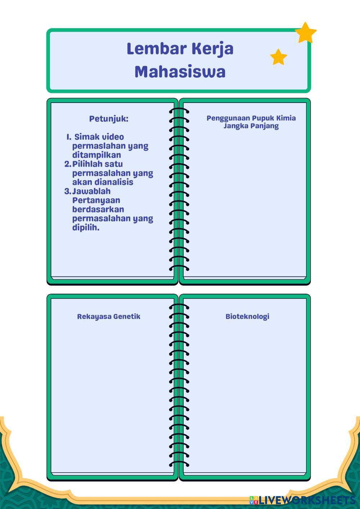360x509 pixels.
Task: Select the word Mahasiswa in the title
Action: [x=180, y=71]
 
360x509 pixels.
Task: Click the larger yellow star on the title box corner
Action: [x=306, y=33]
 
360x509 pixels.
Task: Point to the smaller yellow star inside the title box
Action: [x=279, y=57]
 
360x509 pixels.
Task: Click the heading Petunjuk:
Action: [x=109, y=119]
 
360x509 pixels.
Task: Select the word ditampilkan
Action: [x=96, y=155]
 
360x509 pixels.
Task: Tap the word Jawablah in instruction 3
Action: [x=91, y=191]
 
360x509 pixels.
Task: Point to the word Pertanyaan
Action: [x=96, y=200]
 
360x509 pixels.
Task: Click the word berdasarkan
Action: [x=98, y=209]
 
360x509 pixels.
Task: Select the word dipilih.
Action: [x=86, y=228]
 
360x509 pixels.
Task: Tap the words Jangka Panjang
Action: [x=251, y=126]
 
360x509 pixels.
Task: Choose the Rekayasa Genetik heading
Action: [x=108, y=316]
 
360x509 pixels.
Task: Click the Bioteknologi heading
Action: [x=247, y=316]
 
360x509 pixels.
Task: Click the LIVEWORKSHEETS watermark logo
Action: [x=302, y=500]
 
